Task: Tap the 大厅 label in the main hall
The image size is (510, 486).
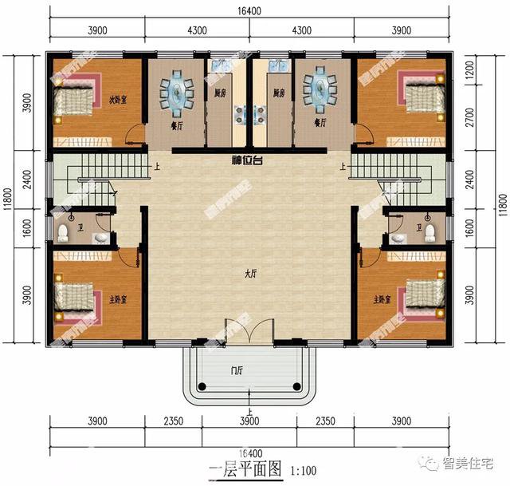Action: point(250,274)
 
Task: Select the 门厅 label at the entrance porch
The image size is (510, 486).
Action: point(237,369)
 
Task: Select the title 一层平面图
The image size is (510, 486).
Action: point(245,469)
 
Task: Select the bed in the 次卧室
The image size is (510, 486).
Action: point(76,101)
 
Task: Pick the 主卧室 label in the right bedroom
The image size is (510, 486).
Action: point(382,299)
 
